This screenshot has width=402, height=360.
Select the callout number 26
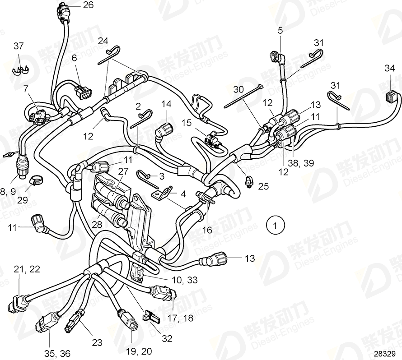[88, 5]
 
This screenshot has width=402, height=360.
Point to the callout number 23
[97, 342]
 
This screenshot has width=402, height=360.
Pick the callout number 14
[167, 104]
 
